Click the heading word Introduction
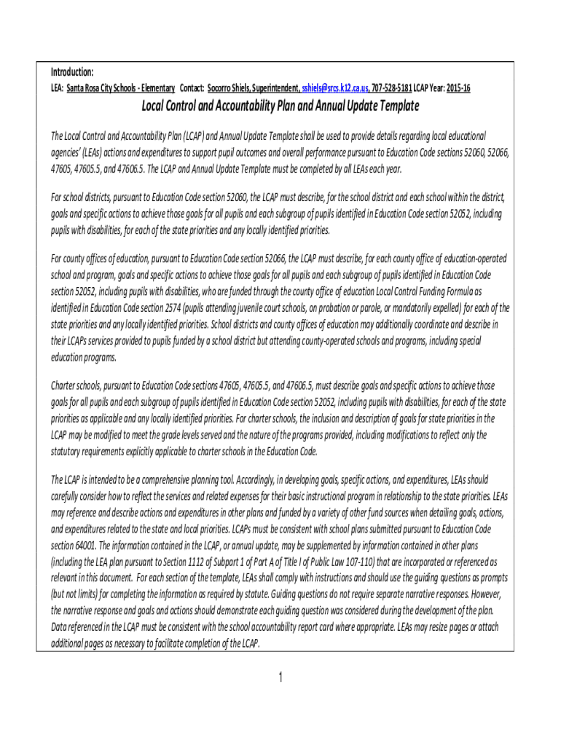pyautogui.click(x=71, y=72)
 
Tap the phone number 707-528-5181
pyautogui.click(x=391, y=88)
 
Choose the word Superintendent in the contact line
pyautogui.click(x=275, y=88)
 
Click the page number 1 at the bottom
pyautogui.click(x=280, y=679)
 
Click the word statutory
pyautogui.click(x=66, y=452)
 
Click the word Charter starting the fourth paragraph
pyautogui.click(x=64, y=385)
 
